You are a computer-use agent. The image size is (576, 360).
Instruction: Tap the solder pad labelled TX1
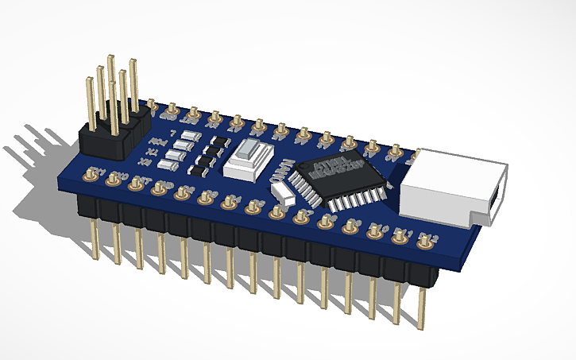(94, 175)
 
